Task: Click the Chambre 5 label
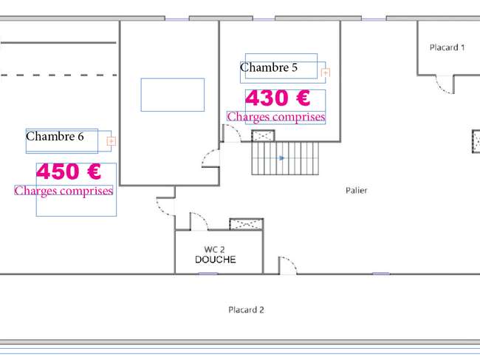coord(269,67)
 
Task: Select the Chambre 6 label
coord(55,136)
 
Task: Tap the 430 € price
coord(278,98)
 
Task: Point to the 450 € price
coord(69,171)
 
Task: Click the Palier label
coord(357,190)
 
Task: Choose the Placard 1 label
coord(448,47)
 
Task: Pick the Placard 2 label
coord(246,310)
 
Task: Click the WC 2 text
coord(214,249)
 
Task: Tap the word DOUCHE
coord(216,259)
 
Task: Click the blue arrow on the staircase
coord(281,158)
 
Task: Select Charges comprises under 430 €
coord(276,117)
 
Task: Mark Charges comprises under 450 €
coord(64,191)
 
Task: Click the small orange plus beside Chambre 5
coord(325,72)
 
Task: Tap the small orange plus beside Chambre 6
coord(111,141)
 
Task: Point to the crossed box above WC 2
coord(247,224)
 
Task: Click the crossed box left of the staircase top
coord(263,136)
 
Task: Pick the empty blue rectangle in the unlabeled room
coord(173,95)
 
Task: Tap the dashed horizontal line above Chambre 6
coord(59,75)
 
